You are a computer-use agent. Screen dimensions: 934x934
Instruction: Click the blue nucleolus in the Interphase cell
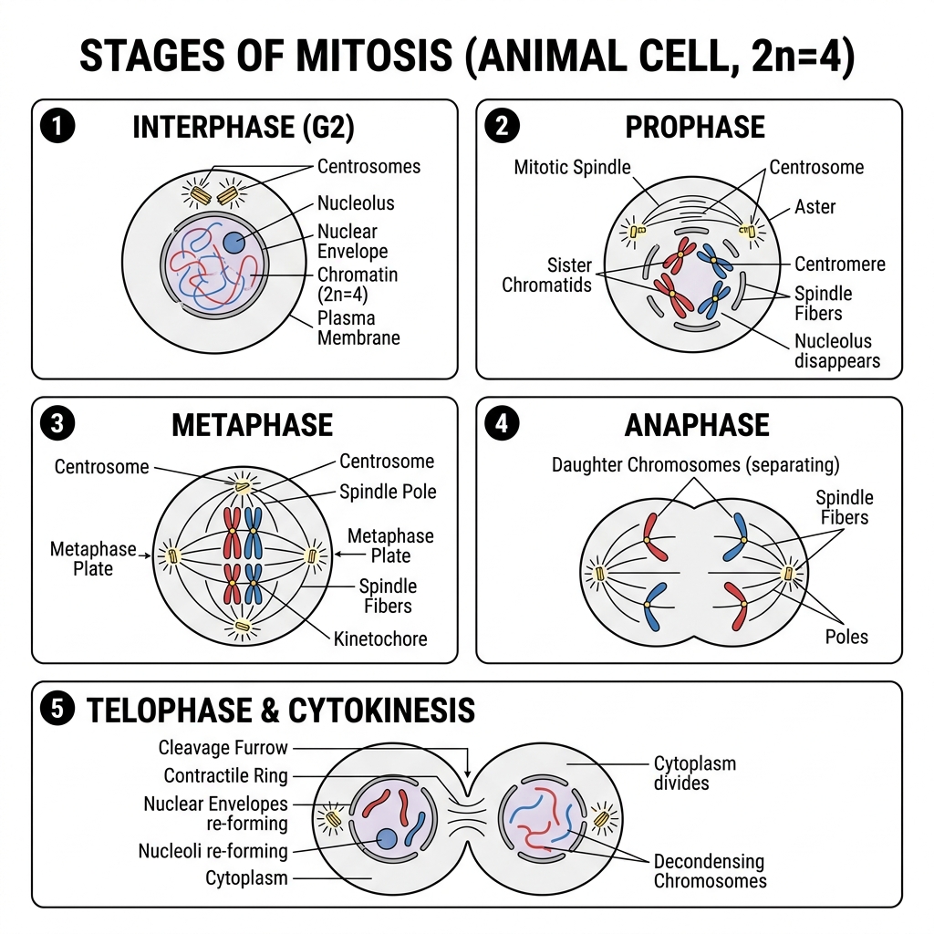[233, 243]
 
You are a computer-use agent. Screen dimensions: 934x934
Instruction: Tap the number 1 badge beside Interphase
[57, 126]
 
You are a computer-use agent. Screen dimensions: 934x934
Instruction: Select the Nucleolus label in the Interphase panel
[356, 203]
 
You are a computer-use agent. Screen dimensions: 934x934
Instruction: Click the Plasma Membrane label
[358, 327]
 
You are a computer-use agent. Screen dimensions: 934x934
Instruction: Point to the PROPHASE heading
[695, 127]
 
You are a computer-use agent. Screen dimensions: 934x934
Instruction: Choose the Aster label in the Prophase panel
[815, 207]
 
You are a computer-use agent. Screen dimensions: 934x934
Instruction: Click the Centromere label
[840, 264]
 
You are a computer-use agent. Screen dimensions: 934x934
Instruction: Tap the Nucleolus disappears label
[837, 351]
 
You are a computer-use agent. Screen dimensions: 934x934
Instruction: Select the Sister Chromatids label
[547, 275]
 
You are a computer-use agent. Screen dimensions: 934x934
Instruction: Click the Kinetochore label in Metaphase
[380, 639]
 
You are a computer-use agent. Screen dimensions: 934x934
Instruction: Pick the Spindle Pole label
[388, 492]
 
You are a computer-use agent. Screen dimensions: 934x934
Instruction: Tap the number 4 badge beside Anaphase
[502, 423]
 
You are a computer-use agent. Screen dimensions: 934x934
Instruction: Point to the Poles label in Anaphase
[846, 637]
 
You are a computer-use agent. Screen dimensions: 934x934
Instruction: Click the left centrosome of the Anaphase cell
[599, 575]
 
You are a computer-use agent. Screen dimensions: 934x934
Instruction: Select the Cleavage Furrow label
[223, 748]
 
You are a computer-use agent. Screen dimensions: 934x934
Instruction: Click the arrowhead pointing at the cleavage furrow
[468, 772]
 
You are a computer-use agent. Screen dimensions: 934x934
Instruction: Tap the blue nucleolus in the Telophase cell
[387, 839]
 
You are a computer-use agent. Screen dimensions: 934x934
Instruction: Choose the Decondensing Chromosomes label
[710, 871]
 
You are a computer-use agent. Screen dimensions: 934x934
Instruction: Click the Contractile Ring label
[226, 775]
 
